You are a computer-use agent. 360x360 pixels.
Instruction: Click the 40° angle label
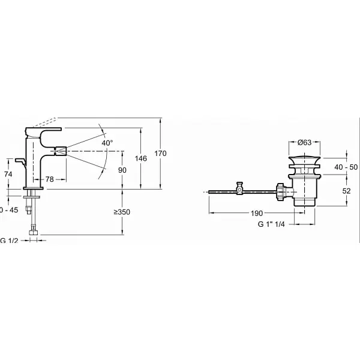click(x=107, y=143)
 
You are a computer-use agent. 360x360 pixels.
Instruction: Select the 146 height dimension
click(x=141, y=158)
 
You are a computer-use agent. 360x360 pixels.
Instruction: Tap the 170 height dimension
click(x=161, y=154)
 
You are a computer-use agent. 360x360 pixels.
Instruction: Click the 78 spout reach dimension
click(x=52, y=179)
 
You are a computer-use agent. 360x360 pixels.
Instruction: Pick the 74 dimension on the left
click(x=8, y=173)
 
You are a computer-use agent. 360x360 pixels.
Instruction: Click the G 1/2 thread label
click(x=11, y=241)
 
